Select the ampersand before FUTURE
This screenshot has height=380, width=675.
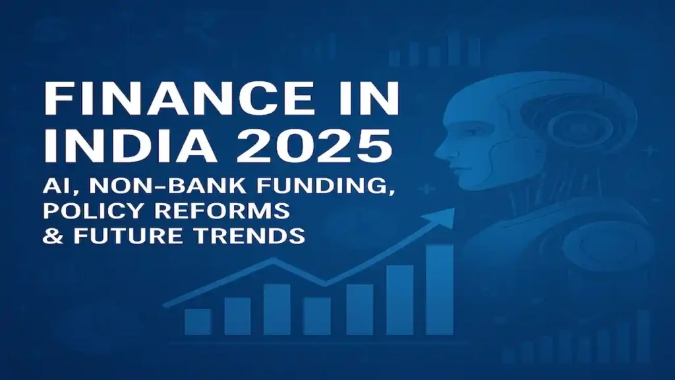[50, 236]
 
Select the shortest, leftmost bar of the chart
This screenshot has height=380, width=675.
[197, 322]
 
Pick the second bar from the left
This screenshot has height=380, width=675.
[237, 316]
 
